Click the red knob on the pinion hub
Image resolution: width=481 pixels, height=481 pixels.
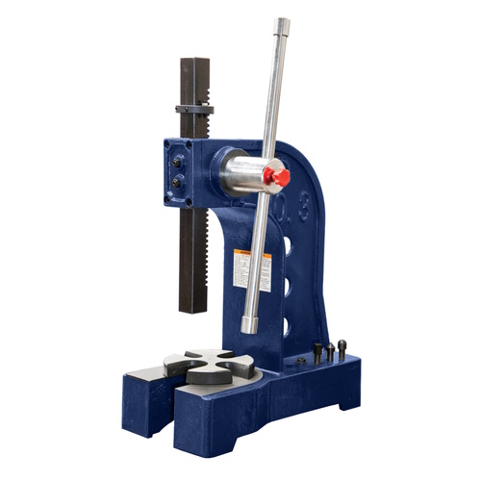277,178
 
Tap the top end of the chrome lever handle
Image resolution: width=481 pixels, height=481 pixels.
281,25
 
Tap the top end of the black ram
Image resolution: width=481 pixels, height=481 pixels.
195,62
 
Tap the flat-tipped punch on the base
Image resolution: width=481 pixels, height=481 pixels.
317,352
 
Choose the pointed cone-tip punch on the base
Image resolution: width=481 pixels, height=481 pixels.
330,351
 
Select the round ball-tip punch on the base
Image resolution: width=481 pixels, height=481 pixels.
342,347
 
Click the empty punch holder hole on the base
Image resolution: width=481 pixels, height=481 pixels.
300,361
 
